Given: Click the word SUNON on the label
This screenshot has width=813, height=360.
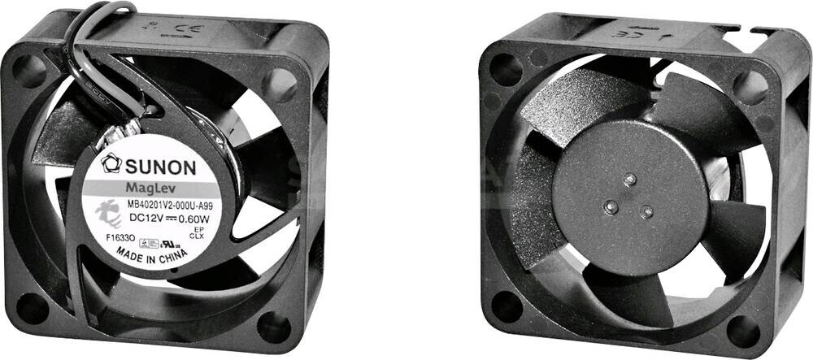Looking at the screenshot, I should [x=160, y=167].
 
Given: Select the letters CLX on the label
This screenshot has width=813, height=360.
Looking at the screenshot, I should [x=197, y=236].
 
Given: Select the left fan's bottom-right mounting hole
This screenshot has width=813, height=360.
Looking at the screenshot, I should [x=274, y=325].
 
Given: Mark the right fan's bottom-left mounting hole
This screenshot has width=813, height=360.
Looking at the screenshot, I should [x=506, y=306].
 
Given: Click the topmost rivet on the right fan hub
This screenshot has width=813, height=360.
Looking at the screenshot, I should [x=628, y=178].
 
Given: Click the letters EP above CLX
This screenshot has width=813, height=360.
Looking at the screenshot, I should [x=197, y=229].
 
